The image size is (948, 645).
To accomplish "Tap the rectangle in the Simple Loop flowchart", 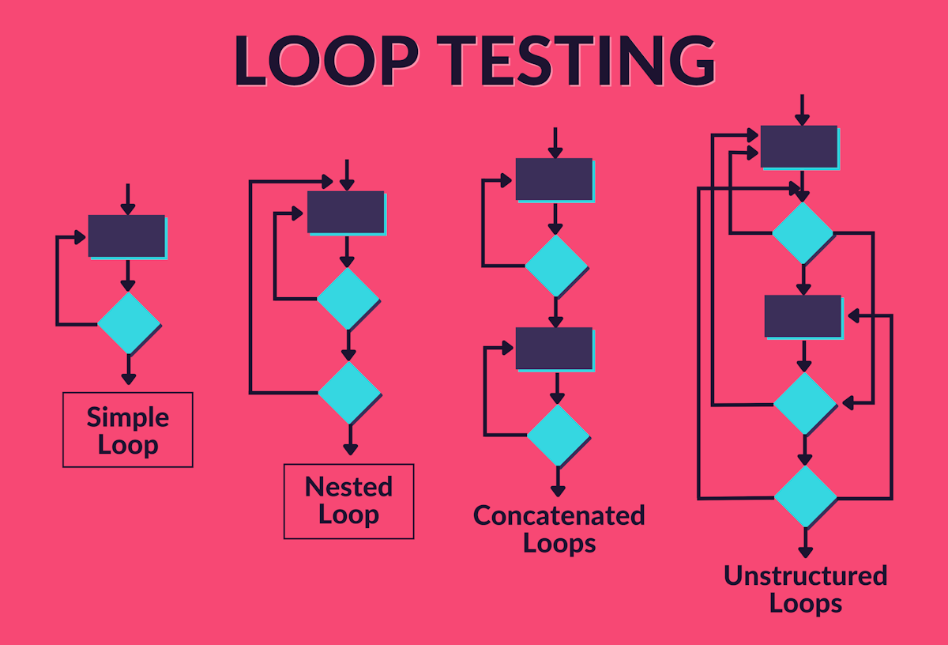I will coord(126,236).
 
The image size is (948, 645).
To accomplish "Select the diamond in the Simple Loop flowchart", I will coord(128,322).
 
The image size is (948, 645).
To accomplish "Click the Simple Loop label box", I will coord(127,429).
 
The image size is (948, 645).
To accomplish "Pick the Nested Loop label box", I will coord(348,501).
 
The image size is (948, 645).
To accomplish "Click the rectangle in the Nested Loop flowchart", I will coord(345,212).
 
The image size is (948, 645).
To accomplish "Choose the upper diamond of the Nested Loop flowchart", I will coord(348,299).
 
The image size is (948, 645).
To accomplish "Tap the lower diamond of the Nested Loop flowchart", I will coord(348,392).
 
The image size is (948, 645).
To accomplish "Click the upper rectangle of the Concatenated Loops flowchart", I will coord(554,179).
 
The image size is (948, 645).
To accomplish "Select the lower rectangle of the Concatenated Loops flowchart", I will coord(554,349).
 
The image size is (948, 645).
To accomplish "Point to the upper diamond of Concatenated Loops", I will coord(555,266).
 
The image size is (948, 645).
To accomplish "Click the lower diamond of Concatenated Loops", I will coord(558,436).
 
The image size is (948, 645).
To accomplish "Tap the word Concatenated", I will coord(559,516).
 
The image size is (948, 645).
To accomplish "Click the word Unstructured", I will coord(805,575).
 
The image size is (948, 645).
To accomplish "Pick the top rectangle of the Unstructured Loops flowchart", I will coord(799,146).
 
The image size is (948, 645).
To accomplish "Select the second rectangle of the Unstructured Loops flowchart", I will coord(803,316).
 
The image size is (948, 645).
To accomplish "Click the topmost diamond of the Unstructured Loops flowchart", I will coord(803,232).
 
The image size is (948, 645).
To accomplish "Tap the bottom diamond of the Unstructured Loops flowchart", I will coord(805,496).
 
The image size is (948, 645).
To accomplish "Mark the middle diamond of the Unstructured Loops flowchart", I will coord(804,403).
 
